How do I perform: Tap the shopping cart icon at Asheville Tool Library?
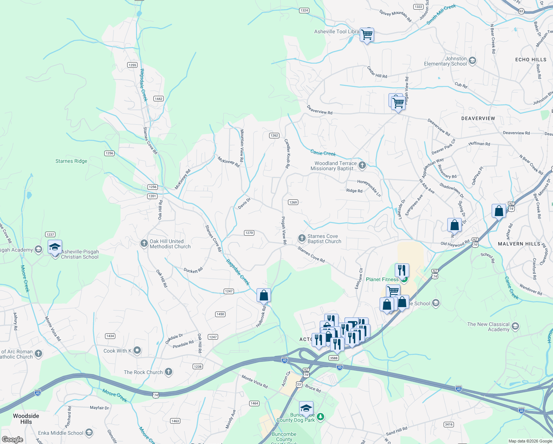point(367,35)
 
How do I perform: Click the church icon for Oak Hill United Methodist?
point(144,243)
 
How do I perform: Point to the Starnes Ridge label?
point(71,161)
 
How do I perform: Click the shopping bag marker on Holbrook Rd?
point(264,296)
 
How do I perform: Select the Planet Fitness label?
point(382,280)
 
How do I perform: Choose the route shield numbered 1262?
point(274,136)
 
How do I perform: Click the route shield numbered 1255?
point(132,65)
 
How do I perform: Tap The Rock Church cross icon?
point(169,372)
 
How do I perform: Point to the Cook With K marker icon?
point(137,350)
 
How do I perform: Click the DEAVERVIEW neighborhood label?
point(478,118)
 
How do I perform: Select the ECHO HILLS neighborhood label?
point(530,60)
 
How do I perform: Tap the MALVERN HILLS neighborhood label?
point(519,244)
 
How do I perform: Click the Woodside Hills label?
point(26,419)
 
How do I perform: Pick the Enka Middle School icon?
point(89,433)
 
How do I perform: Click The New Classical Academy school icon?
point(515,327)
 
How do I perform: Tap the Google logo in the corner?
point(13,439)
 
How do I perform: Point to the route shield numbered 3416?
point(449,424)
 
